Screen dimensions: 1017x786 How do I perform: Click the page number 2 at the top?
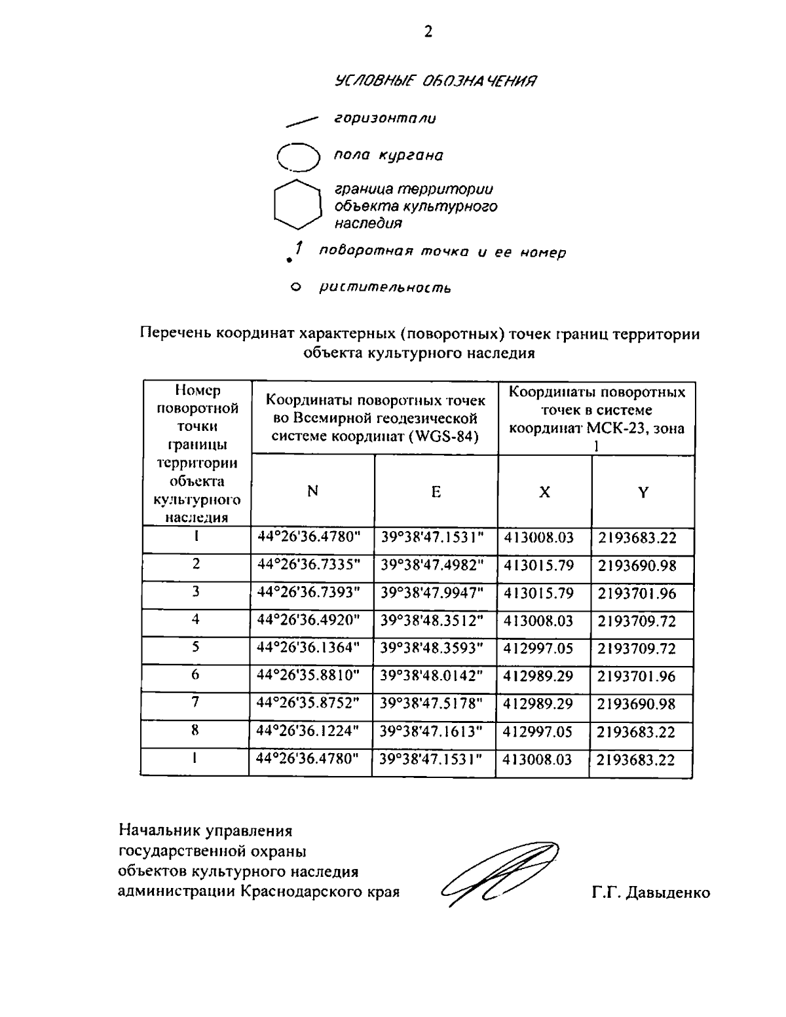pos(428,31)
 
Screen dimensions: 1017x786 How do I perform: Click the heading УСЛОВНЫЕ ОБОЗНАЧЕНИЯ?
pos(436,81)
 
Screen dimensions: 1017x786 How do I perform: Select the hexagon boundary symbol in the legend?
pos(297,205)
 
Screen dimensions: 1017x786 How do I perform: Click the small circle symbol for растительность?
pos(295,287)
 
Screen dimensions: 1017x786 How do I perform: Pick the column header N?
pos(313,491)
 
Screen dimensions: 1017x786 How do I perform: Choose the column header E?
pos(436,492)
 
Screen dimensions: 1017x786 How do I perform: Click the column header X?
pos(544,492)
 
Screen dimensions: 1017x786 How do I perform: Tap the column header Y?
pos(643,492)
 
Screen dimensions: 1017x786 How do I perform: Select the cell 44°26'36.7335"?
pos(309,565)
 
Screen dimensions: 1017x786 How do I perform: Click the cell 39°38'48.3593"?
pos(432,648)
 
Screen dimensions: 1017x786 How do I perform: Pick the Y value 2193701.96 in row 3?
pos(636,594)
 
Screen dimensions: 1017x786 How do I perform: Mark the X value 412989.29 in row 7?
pos(538,704)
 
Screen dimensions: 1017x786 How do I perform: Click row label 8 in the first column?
pos(195,731)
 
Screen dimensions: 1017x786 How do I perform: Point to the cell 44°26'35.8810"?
pos(309,676)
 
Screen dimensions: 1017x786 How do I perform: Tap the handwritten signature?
pos(501,874)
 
